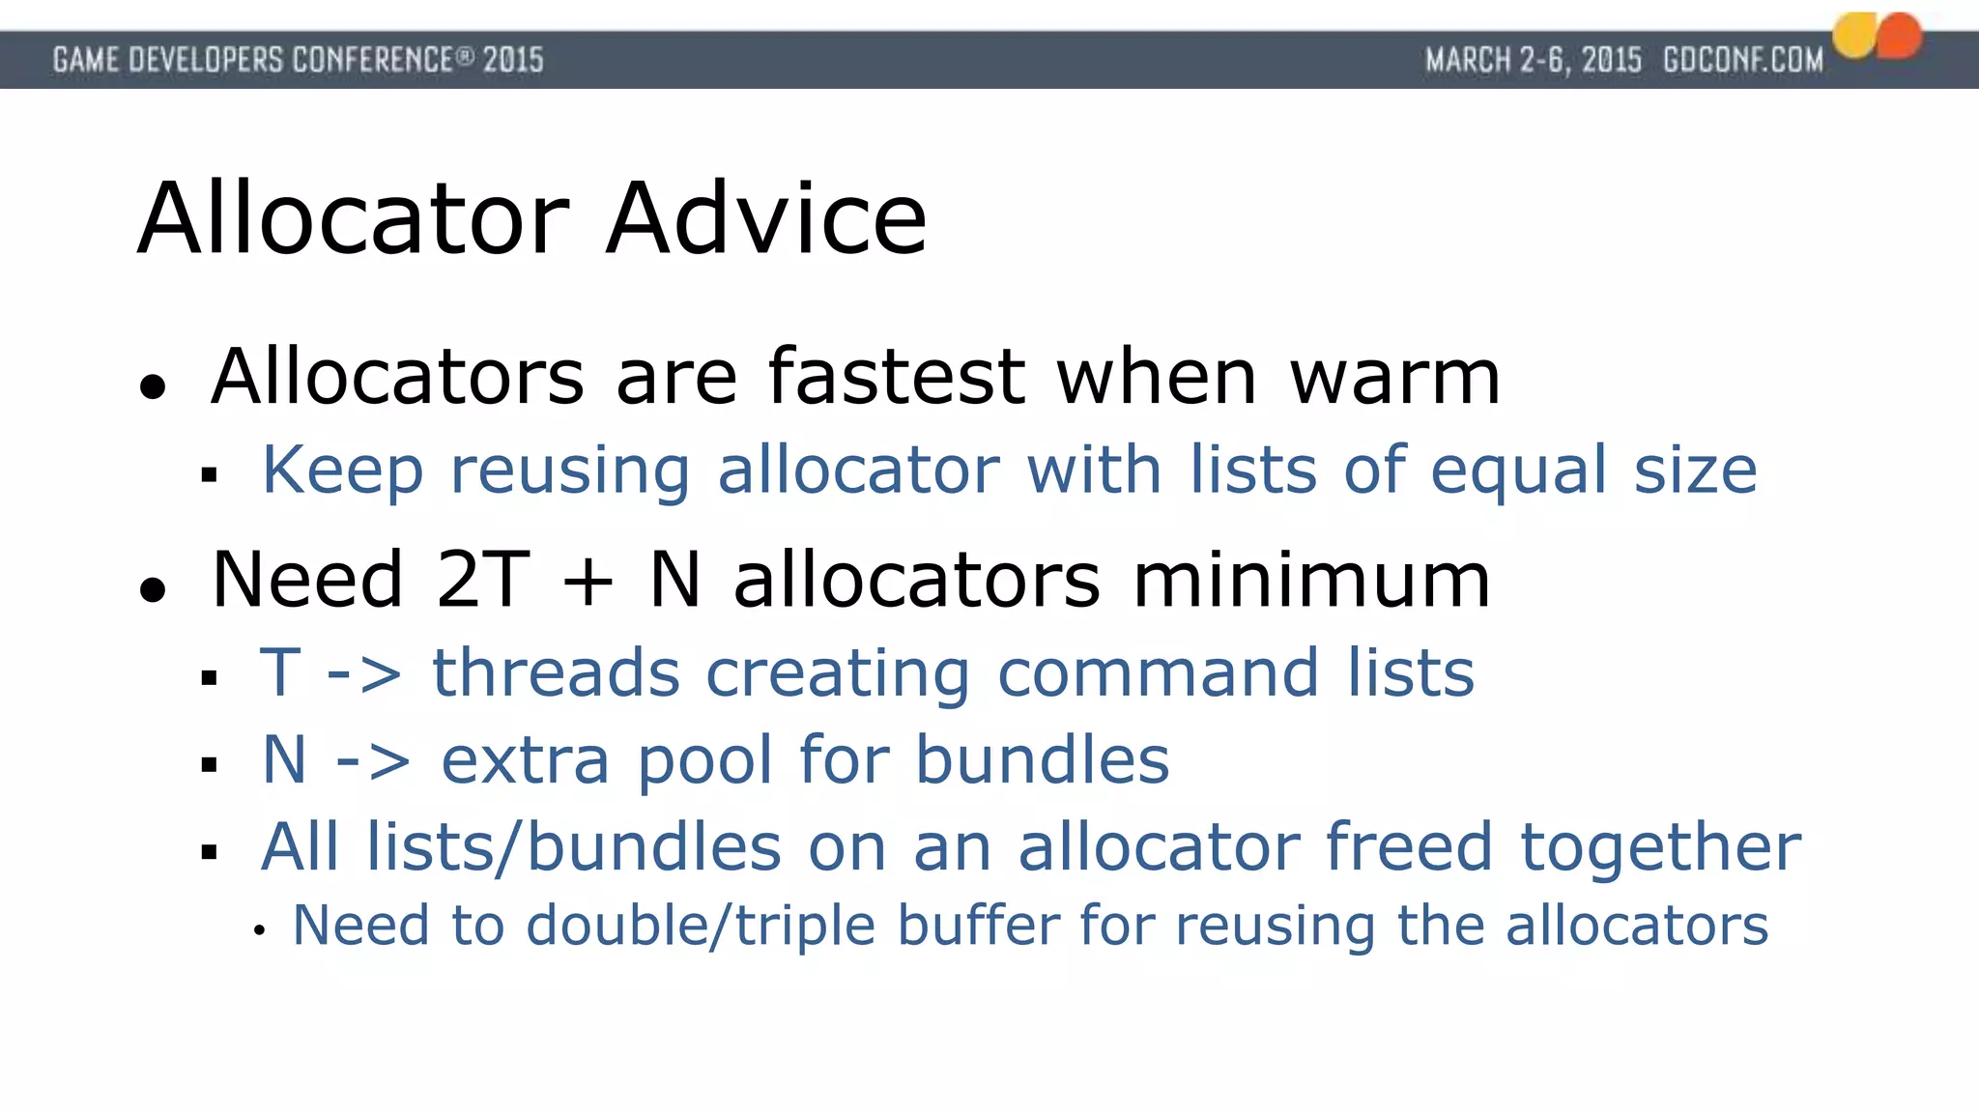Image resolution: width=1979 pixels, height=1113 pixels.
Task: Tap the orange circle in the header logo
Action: [1900, 36]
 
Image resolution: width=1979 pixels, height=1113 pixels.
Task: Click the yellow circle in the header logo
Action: [1855, 36]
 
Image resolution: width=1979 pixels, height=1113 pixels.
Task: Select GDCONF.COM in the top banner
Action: [1743, 60]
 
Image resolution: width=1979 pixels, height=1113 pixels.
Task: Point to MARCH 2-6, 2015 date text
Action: [1533, 60]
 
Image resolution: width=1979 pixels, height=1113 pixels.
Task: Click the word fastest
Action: [896, 377]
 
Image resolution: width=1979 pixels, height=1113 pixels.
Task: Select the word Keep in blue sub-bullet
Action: [342, 471]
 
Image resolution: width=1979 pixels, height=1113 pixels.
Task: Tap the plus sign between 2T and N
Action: [588, 583]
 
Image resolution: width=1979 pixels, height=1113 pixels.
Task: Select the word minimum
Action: [1311, 580]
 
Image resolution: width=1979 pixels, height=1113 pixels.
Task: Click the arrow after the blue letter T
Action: [364, 673]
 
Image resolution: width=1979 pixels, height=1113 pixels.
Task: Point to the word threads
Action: [556, 673]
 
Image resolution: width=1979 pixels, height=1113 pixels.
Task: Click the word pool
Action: [704, 761]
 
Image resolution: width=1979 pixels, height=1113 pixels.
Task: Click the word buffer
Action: [978, 926]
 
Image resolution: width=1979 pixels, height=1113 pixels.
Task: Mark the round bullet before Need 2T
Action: [153, 588]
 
